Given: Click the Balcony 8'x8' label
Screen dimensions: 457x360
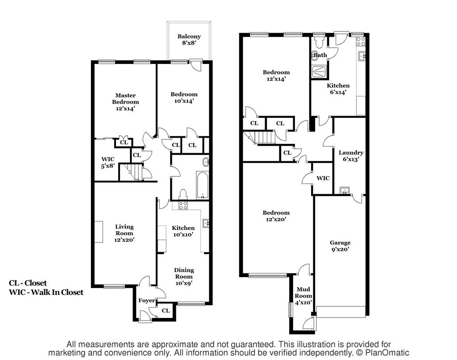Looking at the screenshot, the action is [189, 39].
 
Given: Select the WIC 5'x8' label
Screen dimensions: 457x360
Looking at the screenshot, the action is [108, 163].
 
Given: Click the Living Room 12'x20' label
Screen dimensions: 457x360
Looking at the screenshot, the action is [125, 233].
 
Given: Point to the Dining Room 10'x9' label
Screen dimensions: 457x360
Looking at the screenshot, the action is [184, 276].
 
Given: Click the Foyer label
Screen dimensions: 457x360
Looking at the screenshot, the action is [146, 301].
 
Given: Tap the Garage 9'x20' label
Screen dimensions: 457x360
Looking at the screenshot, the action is [340, 246].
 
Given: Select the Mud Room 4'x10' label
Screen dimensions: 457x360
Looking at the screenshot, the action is [303, 296].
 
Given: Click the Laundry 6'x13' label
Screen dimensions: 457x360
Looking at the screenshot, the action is [351, 156].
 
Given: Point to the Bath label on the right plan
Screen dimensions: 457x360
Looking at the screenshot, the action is [320, 55].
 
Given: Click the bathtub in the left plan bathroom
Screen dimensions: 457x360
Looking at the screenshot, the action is [202, 185].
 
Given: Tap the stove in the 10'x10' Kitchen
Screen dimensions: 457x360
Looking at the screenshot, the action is [183, 205].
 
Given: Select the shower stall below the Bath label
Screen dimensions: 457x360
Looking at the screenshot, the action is [319, 72].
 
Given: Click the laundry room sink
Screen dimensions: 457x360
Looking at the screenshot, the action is [345, 191].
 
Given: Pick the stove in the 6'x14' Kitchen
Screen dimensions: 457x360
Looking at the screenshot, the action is [361, 42].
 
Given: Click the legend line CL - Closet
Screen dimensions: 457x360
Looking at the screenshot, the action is [28, 283].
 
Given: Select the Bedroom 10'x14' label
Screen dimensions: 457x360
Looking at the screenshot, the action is [184, 97].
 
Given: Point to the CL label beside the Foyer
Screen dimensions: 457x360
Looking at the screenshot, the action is [166, 311].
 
